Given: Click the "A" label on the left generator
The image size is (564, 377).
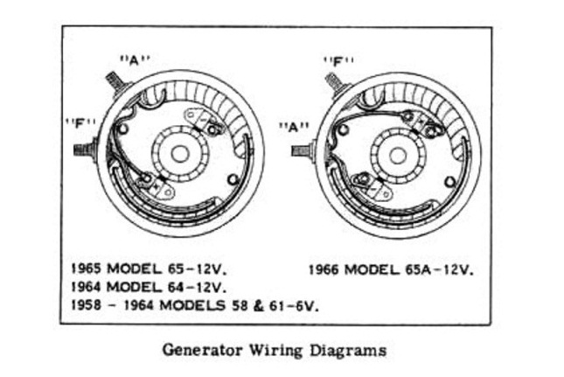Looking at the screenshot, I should click(135, 59).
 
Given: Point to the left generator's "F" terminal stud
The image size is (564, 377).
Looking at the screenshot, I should click(85, 150).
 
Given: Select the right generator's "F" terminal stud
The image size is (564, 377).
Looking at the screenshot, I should click(333, 84).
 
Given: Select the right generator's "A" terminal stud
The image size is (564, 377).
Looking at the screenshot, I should click(301, 150).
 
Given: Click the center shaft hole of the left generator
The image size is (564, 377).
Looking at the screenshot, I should click(179, 153).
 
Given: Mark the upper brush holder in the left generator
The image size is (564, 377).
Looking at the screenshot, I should click(202, 121).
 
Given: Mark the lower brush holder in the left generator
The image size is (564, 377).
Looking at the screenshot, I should click(157, 184).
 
